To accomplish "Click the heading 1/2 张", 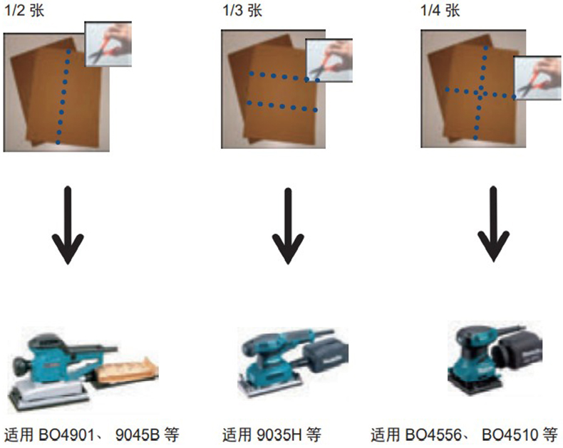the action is tap(24, 11).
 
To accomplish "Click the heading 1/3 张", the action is tap(242, 11).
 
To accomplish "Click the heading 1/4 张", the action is tap(440, 11).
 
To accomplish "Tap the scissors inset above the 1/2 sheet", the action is tap(108, 43).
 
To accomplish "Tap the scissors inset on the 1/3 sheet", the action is tap(329, 61).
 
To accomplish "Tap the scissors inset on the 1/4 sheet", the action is tap(537, 78).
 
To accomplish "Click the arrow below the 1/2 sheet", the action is tap(68, 225).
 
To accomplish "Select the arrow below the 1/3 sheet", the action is tap(288, 226).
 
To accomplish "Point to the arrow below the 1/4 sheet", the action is tap(493, 224).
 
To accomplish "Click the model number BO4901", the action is tap(66, 434).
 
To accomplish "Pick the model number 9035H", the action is tap(279, 434).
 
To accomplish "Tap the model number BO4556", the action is tap(433, 434).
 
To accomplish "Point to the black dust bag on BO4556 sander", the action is tap(517, 352).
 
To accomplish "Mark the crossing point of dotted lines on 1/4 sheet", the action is tap(480, 93).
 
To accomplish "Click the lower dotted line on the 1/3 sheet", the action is tap(282, 106).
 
